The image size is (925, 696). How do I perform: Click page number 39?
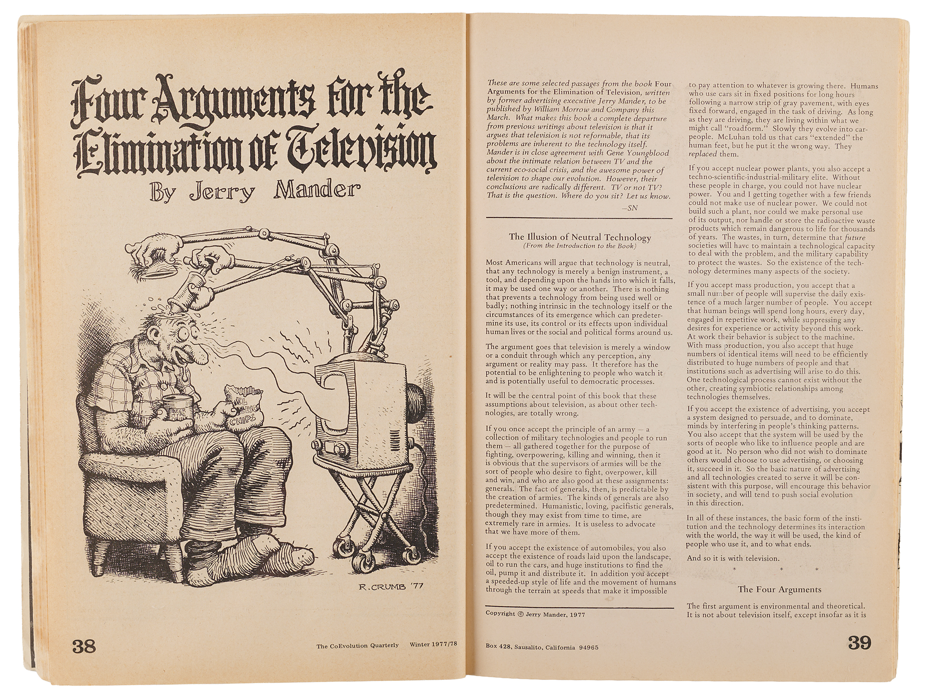859,643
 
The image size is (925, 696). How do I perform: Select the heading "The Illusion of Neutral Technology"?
580,237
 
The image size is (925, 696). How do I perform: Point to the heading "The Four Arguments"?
779,589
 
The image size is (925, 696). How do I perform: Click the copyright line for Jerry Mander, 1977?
535,615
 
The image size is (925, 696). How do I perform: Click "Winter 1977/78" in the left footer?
436,645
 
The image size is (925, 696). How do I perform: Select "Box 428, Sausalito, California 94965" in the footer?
542,647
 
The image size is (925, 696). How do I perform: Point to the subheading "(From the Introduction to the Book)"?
580,246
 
